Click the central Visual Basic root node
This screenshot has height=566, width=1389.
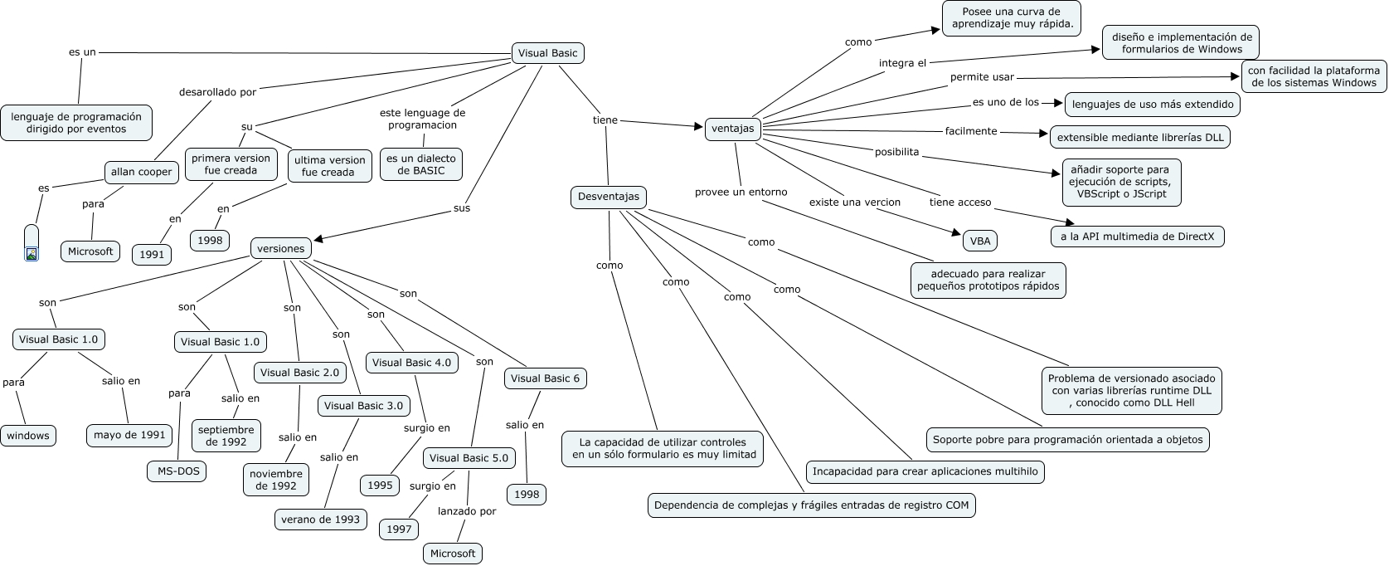coord(547,53)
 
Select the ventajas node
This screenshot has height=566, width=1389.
coord(733,129)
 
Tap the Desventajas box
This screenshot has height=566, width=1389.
coord(609,197)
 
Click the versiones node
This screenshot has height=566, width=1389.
coord(281,248)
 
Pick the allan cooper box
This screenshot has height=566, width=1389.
coord(141,172)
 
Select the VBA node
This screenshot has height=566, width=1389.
coord(980,242)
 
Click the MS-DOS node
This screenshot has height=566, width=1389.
coord(177,471)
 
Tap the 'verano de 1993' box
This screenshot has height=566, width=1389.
coord(321,520)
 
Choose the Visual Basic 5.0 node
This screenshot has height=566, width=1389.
coord(469,458)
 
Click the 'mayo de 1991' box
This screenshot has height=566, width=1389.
coord(129,435)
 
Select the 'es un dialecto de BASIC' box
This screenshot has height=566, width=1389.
coord(421,164)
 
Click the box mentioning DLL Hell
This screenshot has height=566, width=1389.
coord(1131,390)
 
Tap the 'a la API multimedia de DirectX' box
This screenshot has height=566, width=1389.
coord(1137,237)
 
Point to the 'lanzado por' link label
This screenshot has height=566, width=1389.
coord(466,511)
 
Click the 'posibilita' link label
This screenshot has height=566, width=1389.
coord(896,152)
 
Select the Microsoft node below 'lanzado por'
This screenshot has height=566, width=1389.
coord(453,553)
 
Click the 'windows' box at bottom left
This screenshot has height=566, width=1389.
coord(28,435)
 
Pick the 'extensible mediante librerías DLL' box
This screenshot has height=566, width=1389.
coord(1139,137)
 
